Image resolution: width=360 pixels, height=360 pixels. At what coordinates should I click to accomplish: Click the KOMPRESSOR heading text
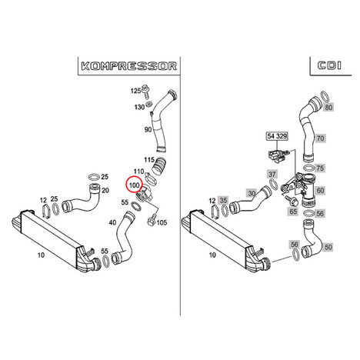click(129, 66)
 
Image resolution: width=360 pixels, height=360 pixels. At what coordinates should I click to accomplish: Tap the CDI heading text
click(329, 65)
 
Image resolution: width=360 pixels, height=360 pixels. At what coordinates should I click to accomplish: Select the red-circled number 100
click(134, 185)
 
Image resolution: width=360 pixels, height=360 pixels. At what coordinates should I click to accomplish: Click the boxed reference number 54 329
click(277, 136)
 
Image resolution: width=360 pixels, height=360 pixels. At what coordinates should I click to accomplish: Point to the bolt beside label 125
click(146, 92)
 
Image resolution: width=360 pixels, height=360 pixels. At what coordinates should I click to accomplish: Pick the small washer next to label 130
click(149, 104)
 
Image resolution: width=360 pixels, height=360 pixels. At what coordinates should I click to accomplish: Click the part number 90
click(148, 129)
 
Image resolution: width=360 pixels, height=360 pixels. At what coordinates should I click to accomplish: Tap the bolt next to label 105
click(152, 220)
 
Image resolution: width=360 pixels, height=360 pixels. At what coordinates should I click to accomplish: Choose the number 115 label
click(149, 160)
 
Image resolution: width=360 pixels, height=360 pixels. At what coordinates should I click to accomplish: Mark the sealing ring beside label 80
click(325, 96)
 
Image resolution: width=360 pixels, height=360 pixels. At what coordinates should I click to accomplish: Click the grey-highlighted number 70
click(320, 138)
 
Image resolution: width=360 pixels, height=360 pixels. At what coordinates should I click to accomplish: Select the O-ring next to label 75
click(309, 168)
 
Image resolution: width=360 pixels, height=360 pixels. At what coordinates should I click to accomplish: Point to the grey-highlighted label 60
click(321, 191)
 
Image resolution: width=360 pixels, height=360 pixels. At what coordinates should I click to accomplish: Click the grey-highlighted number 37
click(272, 175)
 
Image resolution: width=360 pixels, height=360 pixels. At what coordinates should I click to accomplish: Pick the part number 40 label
click(112, 222)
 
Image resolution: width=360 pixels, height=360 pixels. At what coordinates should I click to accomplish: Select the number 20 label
click(105, 190)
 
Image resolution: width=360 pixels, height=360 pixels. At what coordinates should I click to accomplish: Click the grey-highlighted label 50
click(328, 247)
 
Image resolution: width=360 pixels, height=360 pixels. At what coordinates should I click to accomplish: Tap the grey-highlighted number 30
click(252, 193)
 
